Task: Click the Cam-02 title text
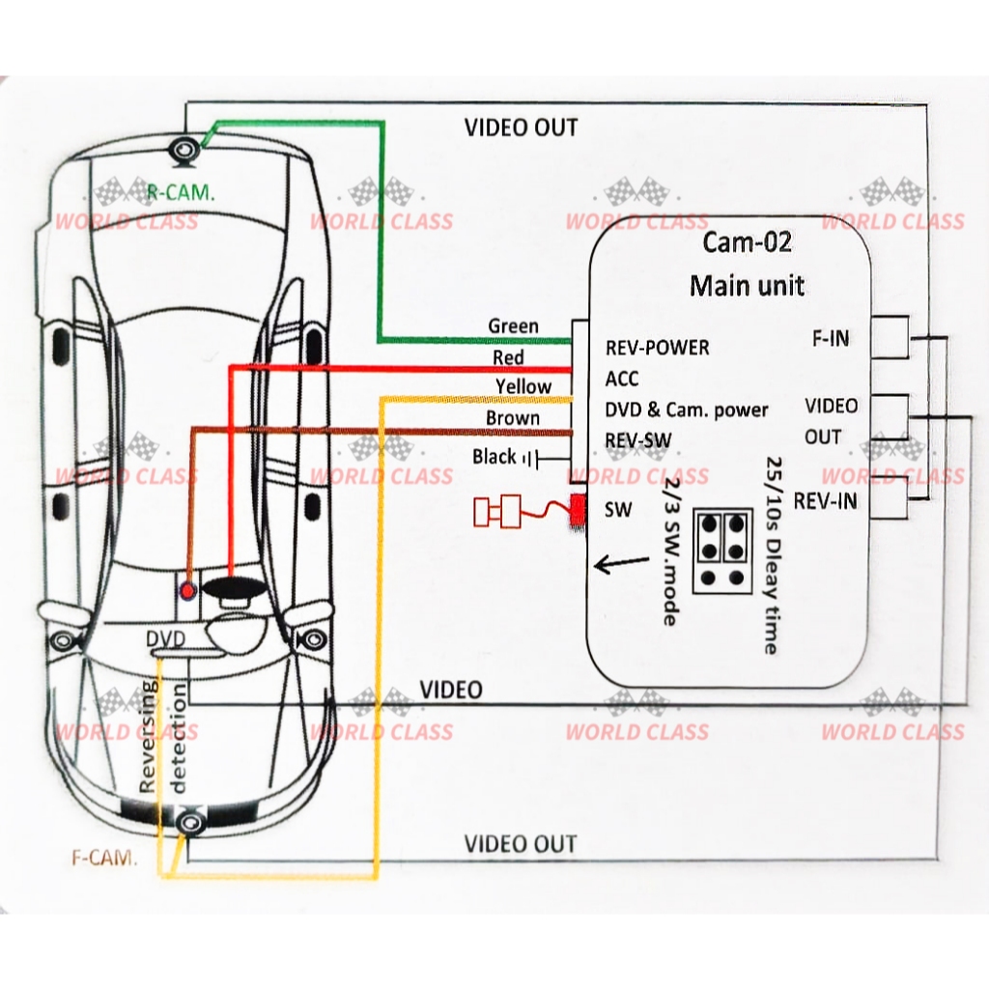[x=747, y=241]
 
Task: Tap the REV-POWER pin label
[x=657, y=348]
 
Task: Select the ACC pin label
[x=622, y=378]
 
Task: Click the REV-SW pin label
[x=637, y=440]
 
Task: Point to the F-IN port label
[x=829, y=339]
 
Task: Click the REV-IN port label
[x=825, y=500]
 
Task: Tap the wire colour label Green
[x=513, y=325]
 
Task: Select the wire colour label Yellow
[x=523, y=386]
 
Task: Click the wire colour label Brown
[x=513, y=418]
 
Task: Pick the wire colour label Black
[x=494, y=457]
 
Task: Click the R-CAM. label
[x=181, y=193]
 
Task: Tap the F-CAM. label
[x=104, y=857]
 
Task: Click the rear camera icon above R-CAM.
[x=184, y=149]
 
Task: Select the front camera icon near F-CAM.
[x=189, y=823]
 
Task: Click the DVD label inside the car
[x=165, y=638]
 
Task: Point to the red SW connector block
[x=579, y=510]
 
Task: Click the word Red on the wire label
[x=508, y=357]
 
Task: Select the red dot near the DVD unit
[x=187, y=589]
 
